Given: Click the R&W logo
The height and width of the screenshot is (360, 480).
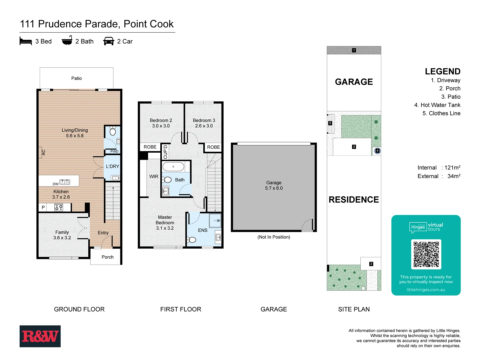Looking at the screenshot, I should [x=40, y=336].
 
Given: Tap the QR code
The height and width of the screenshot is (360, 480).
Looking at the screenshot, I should [x=426, y=254].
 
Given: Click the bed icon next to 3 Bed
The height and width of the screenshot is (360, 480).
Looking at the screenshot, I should [x=26, y=41].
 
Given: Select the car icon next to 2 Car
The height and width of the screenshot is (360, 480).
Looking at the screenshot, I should [x=109, y=41].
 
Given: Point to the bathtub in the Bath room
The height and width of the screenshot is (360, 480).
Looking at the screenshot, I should [x=173, y=166].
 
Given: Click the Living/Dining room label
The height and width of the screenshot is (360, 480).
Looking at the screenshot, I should [x=75, y=130].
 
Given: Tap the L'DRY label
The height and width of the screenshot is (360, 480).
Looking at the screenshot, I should [x=112, y=166].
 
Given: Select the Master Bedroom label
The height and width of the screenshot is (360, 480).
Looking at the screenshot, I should [x=165, y=220].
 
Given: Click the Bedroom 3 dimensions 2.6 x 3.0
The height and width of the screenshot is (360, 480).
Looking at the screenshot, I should [x=204, y=126].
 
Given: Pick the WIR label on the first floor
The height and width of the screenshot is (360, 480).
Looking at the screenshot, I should [x=154, y=177].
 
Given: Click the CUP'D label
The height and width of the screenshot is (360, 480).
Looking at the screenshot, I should [x=165, y=152].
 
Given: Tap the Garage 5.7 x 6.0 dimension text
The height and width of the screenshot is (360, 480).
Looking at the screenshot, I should [x=274, y=188].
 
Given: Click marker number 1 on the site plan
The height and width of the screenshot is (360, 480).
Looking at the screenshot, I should [x=354, y=50].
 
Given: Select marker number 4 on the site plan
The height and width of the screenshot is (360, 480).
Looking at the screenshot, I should [x=377, y=151].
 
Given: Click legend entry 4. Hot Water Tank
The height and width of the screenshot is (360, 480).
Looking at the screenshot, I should [x=437, y=105].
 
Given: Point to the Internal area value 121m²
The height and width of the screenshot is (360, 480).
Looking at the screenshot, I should [x=452, y=168].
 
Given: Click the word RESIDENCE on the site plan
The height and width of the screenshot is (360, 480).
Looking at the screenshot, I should [x=354, y=200].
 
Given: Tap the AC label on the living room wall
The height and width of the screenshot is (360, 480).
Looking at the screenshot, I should [x=43, y=152].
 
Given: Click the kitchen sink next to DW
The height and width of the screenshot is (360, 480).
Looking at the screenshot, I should [x=65, y=182].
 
